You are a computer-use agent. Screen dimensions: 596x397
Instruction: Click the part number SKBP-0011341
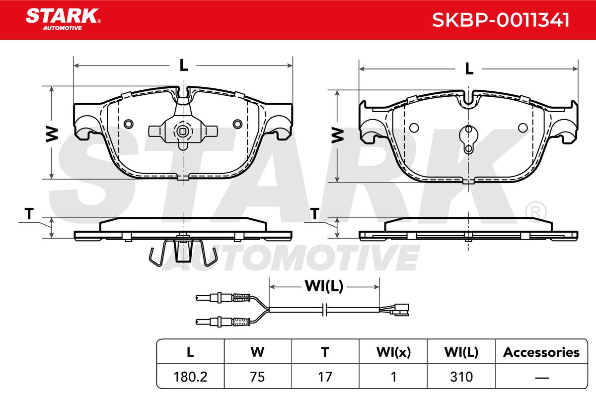tap(501, 20)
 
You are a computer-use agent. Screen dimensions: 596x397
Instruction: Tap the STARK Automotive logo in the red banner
tap(63, 19)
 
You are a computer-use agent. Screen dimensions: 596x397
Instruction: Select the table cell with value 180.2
tap(190, 377)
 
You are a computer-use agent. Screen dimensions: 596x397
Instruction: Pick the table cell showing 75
tap(258, 377)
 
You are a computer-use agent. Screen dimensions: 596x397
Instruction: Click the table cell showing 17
tap(325, 377)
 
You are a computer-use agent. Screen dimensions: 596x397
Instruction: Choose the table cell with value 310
tap(461, 377)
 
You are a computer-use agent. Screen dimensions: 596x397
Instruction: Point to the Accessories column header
tap(541, 352)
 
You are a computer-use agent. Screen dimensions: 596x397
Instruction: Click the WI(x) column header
tap(393, 352)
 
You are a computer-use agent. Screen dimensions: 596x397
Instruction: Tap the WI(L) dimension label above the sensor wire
tap(324, 286)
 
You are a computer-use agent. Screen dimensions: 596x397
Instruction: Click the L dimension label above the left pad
tap(183, 65)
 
